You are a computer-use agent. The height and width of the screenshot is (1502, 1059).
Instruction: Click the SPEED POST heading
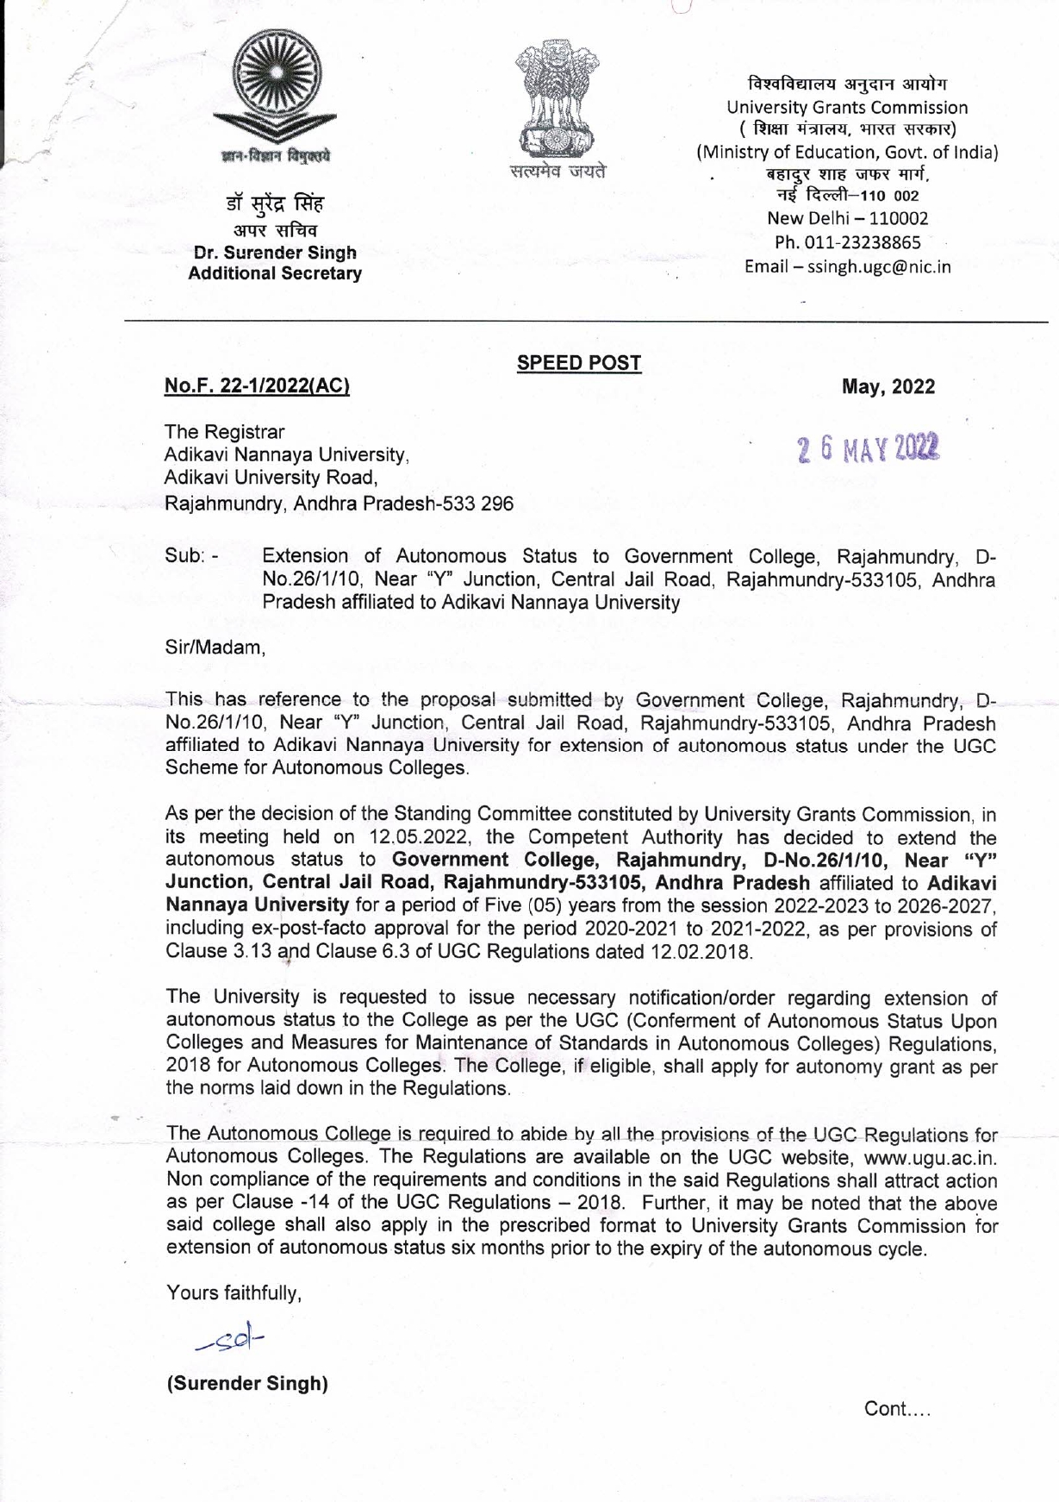click(x=579, y=363)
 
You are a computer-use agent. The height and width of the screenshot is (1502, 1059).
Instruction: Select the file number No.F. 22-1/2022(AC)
click(x=258, y=386)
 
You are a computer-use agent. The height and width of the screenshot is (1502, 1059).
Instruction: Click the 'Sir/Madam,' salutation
click(x=214, y=646)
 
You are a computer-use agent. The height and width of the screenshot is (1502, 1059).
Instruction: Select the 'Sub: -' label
click(x=191, y=556)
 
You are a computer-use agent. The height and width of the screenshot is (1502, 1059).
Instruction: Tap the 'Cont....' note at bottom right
click(x=898, y=1409)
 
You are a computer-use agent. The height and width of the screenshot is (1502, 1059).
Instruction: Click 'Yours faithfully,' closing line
click(x=234, y=1292)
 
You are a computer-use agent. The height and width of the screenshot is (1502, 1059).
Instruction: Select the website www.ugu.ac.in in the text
click(x=930, y=1158)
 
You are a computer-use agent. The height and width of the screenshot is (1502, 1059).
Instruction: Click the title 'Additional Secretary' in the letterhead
click(x=275, y=273)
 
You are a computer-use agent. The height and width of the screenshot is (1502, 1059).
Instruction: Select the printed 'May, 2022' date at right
click(x=888, y=387)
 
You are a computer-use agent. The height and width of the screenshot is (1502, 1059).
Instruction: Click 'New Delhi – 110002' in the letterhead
click(x=847, y=219)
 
